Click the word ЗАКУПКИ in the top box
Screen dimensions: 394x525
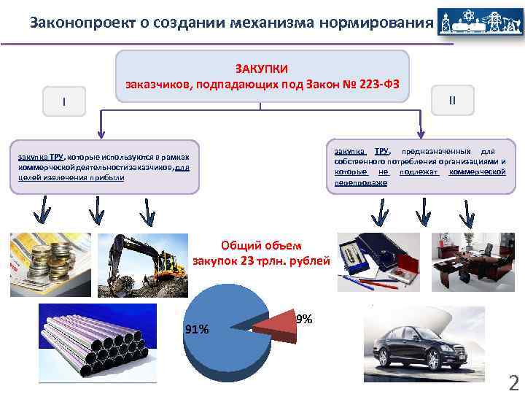[x=261, y=69]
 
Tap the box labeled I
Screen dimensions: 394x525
[x=64, y=101]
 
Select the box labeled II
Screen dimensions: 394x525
[x=452, y=99]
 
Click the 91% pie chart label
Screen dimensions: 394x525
[x=197, y=329]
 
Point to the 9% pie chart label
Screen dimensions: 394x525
[x=305, y=319]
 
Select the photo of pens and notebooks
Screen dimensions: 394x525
[x=380, y=262]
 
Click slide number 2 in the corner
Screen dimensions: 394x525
[x=513, y=382]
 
